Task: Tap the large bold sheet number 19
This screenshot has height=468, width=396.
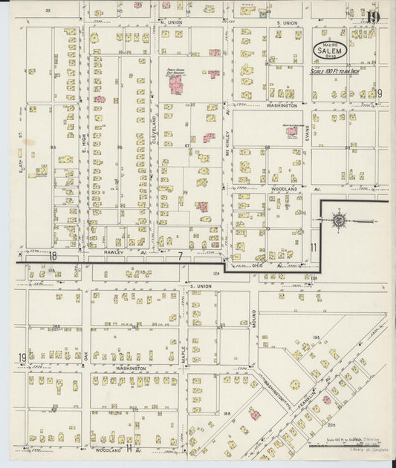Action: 372,17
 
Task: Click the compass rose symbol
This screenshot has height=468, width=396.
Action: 338,220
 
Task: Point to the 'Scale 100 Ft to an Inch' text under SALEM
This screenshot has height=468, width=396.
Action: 341,70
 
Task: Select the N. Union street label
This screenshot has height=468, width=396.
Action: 171,23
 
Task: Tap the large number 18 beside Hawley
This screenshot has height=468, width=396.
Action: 53,254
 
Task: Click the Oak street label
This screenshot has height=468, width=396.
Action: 86,355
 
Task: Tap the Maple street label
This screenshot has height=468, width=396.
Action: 183,355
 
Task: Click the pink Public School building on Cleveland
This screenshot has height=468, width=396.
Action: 176,85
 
